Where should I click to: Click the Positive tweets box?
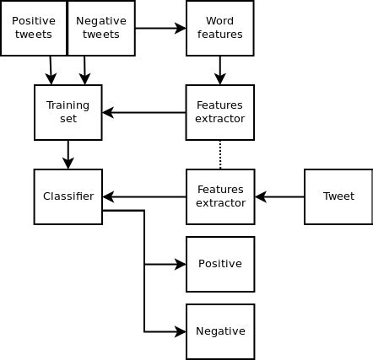click(x=34, y=28)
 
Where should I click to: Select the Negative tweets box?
click(x=101, y=28)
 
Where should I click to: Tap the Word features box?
click(x=219, y=28)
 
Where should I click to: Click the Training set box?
click(x=68, y=112)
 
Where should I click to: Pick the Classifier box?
click(x=68, y=196)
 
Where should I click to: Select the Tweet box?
click(x=338, y=196)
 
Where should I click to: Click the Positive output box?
click(x=219, y=264)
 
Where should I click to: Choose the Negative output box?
click(x=219, y=331)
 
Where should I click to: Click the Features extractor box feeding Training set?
click(x=219, y=112)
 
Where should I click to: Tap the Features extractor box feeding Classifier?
click(x=219, y=196)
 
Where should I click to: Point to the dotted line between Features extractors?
click(x=220, y=154)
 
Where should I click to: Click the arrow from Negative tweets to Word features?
click(x=160, y=28)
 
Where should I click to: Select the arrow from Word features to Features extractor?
click(x=220, y=70)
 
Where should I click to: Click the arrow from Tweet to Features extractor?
click(x=279, y=196)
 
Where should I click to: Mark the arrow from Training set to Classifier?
click(x=68, y=154)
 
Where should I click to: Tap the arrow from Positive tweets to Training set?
click(x=51, y=70)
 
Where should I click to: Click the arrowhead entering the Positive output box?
click(x=181, y=264)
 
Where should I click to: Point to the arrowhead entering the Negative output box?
click(x=181, y=331)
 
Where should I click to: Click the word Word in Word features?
click(x=219, y=21)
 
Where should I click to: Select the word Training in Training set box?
click(x=68, y=105)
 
